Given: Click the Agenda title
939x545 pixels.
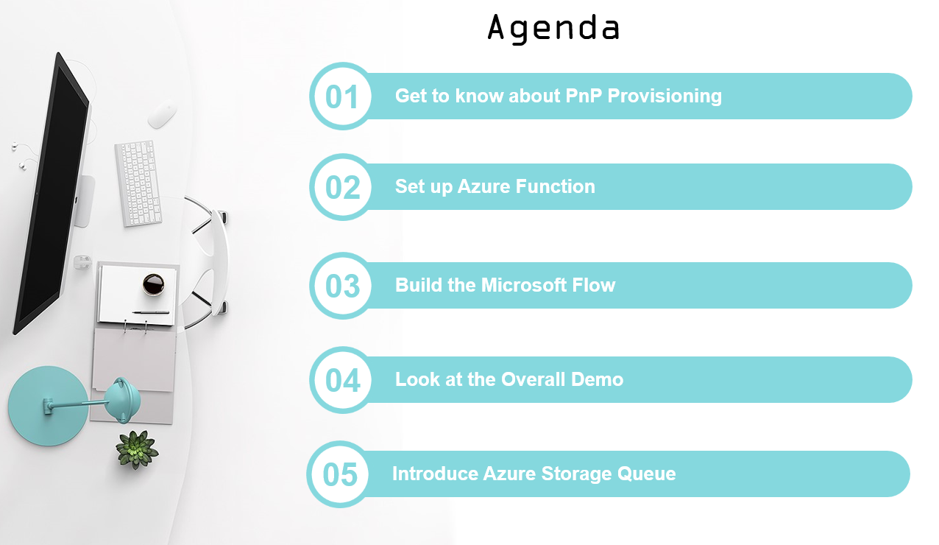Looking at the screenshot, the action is [x=553, y=29].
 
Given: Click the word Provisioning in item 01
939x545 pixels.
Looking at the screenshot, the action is [x=665, y=96].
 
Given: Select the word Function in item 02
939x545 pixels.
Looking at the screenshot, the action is [x=555, y=186].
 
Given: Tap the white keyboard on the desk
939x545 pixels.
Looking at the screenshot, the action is [x=138, y=183].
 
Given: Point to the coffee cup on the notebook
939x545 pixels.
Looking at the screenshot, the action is [x=153, y=284].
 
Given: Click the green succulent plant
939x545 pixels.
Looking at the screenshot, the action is [x=137, y=449].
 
